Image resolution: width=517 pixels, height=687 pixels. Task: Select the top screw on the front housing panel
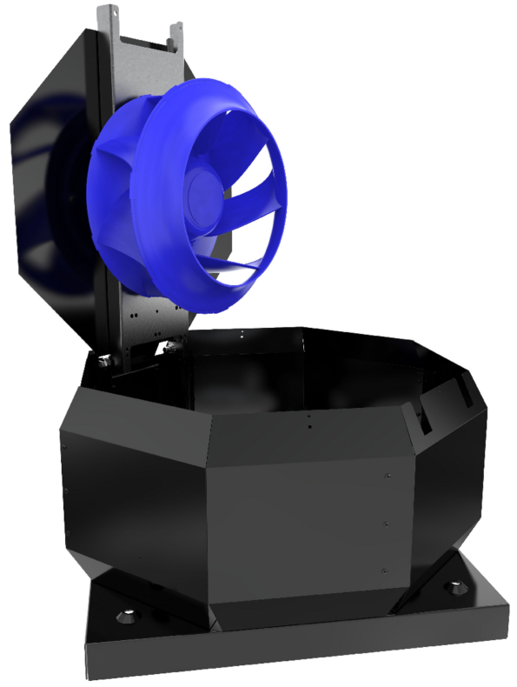coord(386,476)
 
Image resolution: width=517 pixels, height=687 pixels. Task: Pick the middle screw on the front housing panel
coord(385,524)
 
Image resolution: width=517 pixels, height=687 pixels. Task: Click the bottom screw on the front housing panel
coord(383,570)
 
